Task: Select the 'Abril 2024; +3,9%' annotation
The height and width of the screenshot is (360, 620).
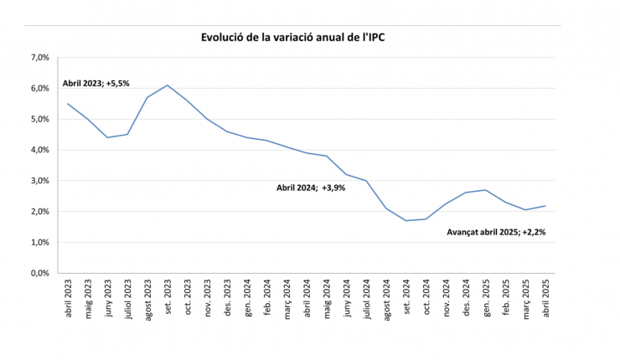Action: (311, 188)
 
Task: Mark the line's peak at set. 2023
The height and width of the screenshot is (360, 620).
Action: (168, 85)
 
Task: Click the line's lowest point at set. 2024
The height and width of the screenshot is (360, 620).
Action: (406, 220)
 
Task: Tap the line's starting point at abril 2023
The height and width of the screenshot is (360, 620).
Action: (68, 104)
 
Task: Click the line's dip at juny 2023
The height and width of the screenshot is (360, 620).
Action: (107, 137)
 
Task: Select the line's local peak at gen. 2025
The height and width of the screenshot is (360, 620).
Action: (485, 190)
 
